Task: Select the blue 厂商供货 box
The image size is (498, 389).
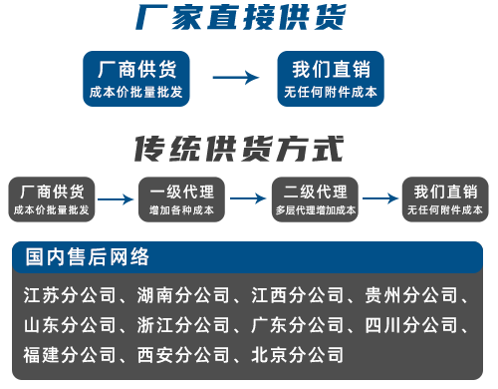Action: tap(136, 79)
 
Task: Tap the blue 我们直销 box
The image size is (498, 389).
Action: tap(330, 79)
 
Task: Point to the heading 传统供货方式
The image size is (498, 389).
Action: tap(239, 149)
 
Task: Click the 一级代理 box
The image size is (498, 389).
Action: tap(181, 199)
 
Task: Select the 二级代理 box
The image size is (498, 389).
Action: tap(315, 199)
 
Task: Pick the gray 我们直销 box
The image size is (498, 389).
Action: tap(444, 199)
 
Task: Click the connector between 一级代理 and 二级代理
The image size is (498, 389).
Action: tap(248, 199)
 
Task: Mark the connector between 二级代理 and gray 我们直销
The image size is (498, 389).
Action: tap(379, 199)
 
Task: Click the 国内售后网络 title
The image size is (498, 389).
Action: tap(88, 257)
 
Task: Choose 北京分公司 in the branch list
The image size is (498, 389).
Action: tap(297, 354)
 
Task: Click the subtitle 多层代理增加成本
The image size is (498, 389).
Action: tap(315, 210)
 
